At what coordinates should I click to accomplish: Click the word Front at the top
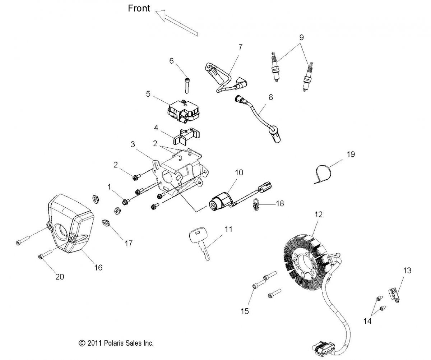pyautogui.click(x=139, y=8)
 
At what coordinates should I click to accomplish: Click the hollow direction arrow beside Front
pyautogui.click(x=176, y=23)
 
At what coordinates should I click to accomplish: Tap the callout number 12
pyautogui.click(x=319, y=214)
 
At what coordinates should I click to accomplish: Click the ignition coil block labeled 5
pyautogui.click(x=183, y=108)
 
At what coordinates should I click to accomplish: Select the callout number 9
pyautogui.click(x=301, y=37)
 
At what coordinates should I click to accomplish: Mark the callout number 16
pyautogui.click(x=98, y=267)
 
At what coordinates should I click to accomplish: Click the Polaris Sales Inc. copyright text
pyautogui.click(x=116, y=343)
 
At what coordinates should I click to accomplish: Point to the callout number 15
pyautogui.click(x=245, y=311)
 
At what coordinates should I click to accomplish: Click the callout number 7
pyautogui.click(x=240, y=47)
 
